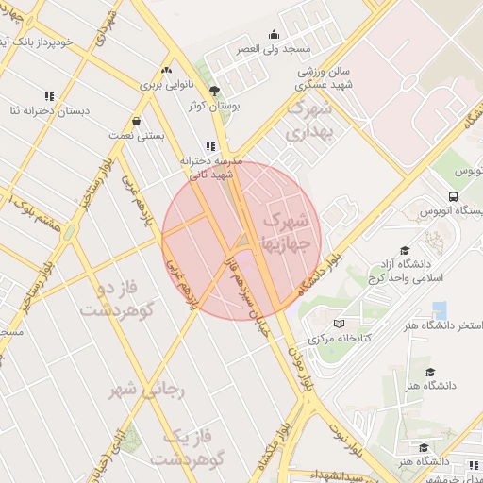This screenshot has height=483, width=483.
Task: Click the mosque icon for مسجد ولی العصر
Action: point(275,35)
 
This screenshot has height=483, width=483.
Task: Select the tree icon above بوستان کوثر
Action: point(215,92)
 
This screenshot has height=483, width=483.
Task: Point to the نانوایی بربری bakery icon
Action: point(167,70)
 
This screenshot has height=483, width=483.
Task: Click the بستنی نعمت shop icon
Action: point(138,121)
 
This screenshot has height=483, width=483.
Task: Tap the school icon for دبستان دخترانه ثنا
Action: point(49,96)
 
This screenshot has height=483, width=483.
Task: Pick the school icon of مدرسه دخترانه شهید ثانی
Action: point(210,146)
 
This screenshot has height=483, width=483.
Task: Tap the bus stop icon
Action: point(454,197)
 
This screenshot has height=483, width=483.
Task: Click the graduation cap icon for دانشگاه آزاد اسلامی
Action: point(405,251)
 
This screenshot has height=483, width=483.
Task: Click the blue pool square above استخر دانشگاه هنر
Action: point(439,309)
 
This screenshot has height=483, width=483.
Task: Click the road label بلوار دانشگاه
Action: point(321,275)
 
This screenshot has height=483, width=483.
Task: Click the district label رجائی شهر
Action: point(148,388)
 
